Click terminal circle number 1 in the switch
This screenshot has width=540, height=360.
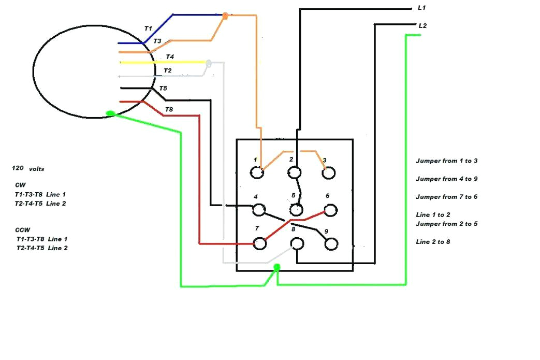pos(256,173)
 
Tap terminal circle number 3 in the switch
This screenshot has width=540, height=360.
pos(328,173)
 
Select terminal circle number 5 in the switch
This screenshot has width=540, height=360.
pos(296,210)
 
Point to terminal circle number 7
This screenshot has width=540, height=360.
pos(259,242)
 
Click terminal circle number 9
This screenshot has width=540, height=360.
pos(331,243)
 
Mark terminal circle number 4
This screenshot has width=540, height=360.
pos(258,209)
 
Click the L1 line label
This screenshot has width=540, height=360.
pos(421,8)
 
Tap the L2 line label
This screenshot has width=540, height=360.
pos(422,25)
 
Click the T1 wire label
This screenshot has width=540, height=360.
pos(148,28)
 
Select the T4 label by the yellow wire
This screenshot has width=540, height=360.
pos(170,56)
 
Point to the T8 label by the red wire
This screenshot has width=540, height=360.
pos(169,109)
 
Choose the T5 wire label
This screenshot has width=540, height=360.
pos(163,89)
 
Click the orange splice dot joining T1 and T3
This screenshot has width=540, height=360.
pos(225,17)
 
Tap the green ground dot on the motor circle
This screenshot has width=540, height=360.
pos(110,113)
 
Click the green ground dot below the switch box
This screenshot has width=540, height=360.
pos(277,267)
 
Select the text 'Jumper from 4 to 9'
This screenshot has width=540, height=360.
pos(446,179)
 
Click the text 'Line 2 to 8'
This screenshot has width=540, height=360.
pos(433,242)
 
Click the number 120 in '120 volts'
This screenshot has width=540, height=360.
pos(18,168)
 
